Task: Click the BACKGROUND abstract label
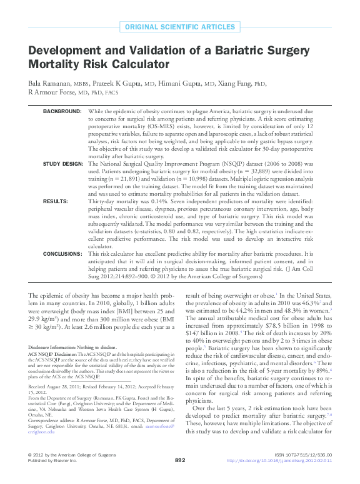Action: pyautogui.click(x=62, y=111)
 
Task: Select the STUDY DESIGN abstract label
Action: pyautogui.click(x=62, y=163)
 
